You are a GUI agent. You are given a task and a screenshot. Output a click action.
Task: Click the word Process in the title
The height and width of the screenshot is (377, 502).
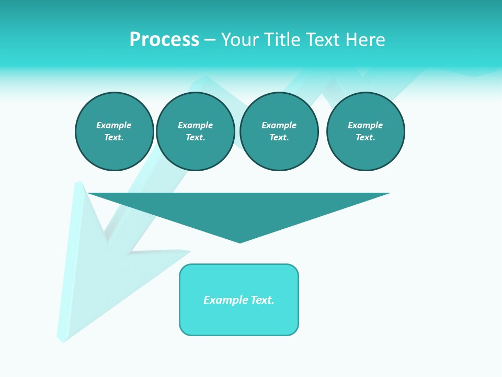point(164,40)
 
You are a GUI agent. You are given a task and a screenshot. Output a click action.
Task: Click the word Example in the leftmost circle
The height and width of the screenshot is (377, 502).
point(114,125)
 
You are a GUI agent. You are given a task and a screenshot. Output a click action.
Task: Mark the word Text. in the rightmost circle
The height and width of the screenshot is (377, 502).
point(366,138)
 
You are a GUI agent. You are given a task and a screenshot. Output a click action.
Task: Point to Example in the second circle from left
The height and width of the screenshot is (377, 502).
point(196,125)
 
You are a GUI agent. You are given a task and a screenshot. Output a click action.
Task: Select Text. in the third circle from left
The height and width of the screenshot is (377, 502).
point(279,138)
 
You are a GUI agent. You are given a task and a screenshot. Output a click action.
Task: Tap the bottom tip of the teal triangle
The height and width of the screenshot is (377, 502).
point(239,241)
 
